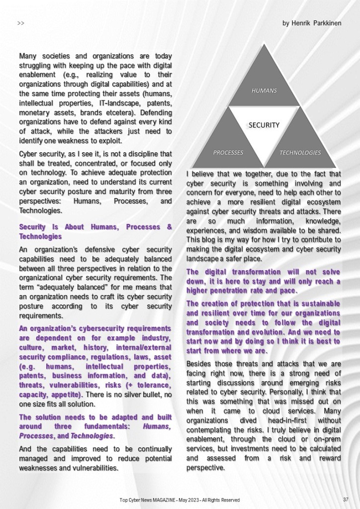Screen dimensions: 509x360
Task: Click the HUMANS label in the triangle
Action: [x=264, y=91]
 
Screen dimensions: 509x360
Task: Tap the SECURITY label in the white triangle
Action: [x=264, y=125]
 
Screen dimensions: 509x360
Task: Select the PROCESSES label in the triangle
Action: [x=228, y=152]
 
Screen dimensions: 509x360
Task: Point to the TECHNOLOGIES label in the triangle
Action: [x=300, y=152]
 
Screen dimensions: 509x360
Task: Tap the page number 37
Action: [x=345, y=499]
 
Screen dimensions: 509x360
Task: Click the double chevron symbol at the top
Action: [x=21, y=23]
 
